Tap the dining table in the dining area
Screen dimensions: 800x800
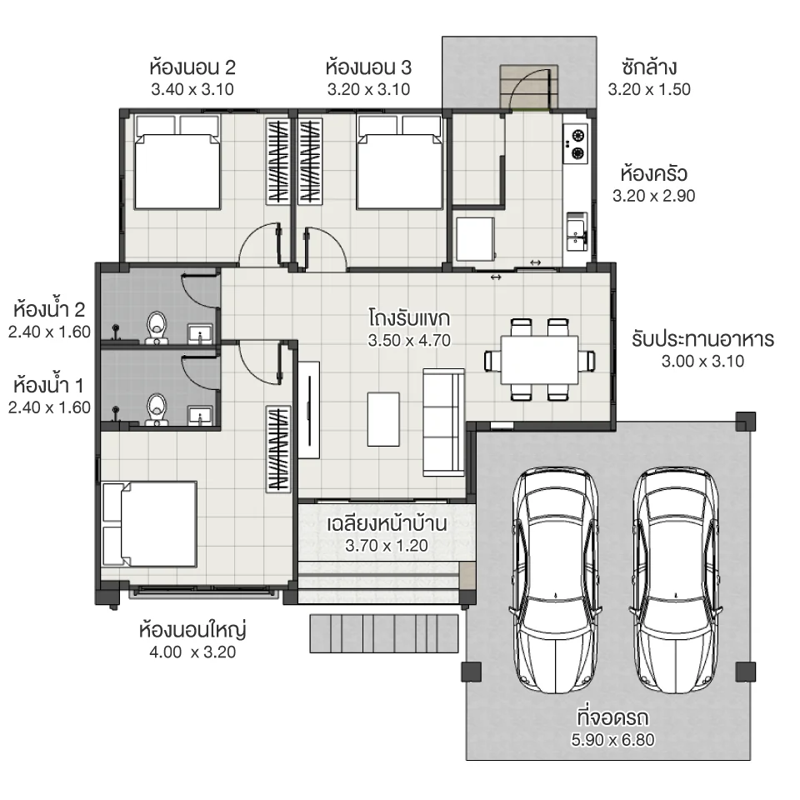[539, 359]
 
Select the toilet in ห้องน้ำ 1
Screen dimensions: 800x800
[157, 410]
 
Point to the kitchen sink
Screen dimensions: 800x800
[576, 230]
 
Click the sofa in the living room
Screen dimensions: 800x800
[444, 421]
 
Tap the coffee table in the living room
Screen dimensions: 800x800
[383, 419]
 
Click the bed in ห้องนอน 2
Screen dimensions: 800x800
[177, 162]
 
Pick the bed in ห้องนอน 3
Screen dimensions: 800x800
[398, 162]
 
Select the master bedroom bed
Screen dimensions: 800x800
[150, 523]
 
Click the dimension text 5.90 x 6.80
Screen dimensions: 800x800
[612, 739]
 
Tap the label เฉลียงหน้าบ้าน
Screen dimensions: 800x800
[387, 525]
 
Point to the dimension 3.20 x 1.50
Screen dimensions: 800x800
[649, 90]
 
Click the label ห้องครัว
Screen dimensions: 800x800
[653, 175]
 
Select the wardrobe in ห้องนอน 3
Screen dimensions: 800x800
[310, 161]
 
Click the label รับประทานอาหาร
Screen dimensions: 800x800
[702, 339]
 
